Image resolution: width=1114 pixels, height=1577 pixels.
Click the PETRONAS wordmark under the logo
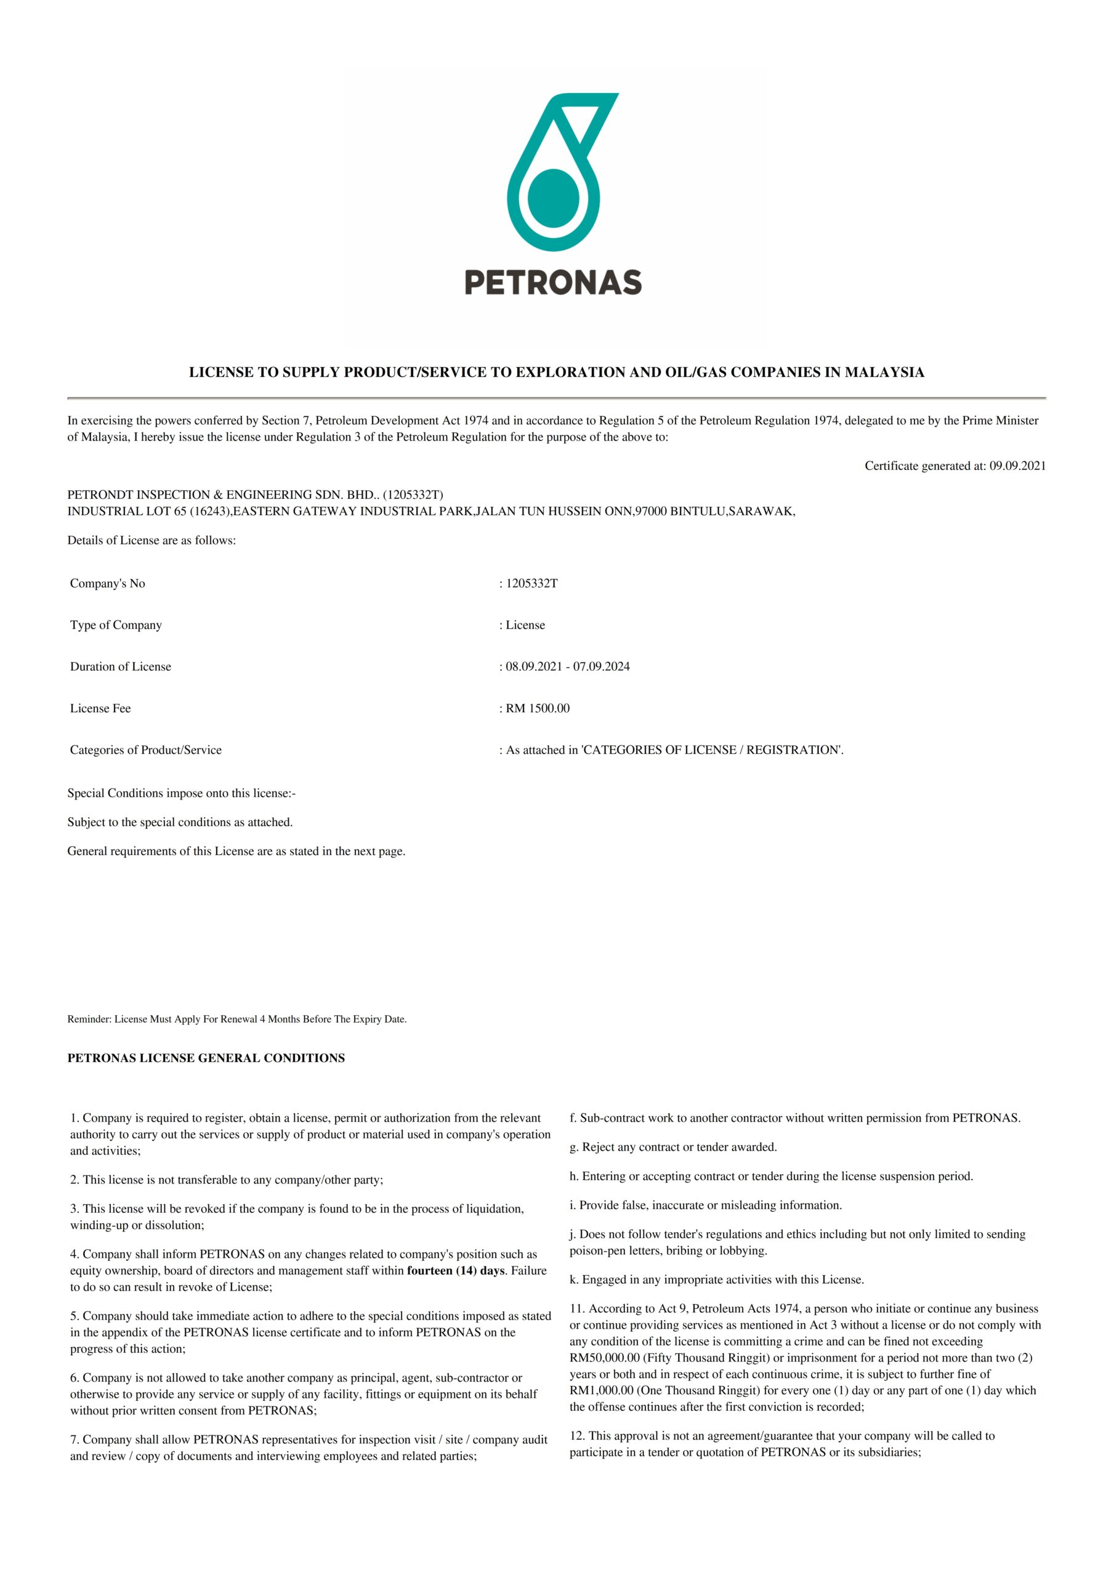tap(553, 282)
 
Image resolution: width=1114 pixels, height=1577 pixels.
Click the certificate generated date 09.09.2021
tap(1017, 466)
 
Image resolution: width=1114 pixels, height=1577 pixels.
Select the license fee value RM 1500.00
tap(538, 708)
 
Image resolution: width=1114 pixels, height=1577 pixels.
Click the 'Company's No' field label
tap(107, 583)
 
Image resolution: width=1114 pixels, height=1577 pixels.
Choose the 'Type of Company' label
tap(115, 625)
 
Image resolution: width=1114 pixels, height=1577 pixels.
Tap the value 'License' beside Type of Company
tap(525, 625)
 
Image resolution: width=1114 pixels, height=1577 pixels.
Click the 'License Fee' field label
tap(100, 708)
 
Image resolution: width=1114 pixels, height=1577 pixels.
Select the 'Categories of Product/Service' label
tap(145, 750)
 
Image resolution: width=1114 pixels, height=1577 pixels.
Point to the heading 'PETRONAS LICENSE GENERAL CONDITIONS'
tap(206, 1058)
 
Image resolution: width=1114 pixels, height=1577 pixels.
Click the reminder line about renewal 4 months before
tap(237, 1020)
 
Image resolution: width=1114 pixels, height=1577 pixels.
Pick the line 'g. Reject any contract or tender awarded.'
tap(673, 1147)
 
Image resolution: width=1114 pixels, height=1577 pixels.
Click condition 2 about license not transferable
tap(227, 1180)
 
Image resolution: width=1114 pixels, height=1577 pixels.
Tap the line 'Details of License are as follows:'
tap(151, 540)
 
